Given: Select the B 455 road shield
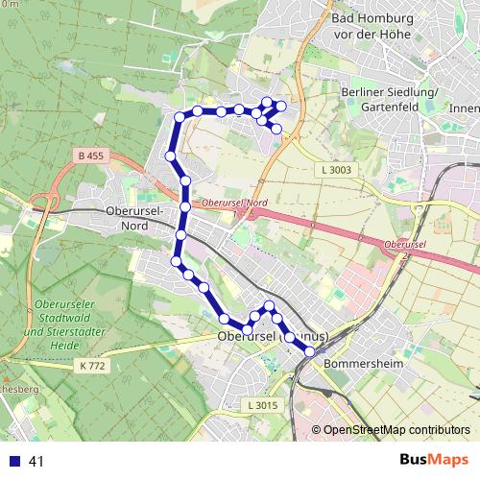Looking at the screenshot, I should (x=89, y=154).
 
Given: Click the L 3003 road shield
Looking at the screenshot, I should (x=327, y=170).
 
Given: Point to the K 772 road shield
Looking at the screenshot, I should (x=93, y=366).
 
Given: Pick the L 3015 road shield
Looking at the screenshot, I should (x=261, y=405).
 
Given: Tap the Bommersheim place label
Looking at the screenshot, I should (x=359, y=365).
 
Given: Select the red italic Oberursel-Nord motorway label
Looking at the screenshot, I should (x=233, y=204).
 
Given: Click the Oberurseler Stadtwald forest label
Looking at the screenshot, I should (x=60, y=318).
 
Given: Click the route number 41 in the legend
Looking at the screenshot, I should (x=36, y=462).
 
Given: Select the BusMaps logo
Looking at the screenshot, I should (x=434, y=461).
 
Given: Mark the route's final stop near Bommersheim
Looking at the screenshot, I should (x=309, y=352).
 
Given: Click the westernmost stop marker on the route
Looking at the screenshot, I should (x=170, y=156).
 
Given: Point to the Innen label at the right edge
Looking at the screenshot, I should (x=464, y=108).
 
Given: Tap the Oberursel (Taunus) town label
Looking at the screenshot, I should (x=274, y=337).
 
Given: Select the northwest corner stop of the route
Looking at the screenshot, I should (x=179, y=118).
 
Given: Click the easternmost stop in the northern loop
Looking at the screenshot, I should (x=281, y=106).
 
